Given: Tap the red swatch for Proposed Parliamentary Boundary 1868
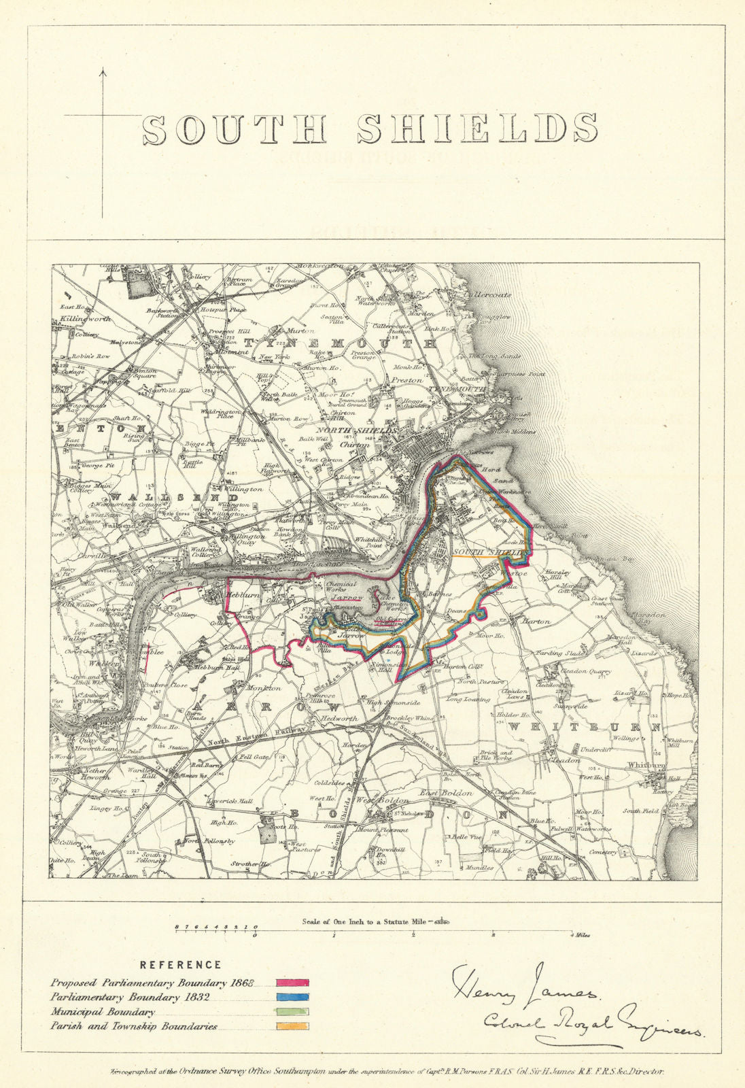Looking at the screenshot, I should point(293,983).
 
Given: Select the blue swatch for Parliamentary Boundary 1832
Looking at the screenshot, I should point(293,998).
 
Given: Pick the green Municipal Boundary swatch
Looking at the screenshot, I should point(293,1012).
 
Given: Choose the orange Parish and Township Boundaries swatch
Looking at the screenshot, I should point(293,1026).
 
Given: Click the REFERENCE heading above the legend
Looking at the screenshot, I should point(180,964).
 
